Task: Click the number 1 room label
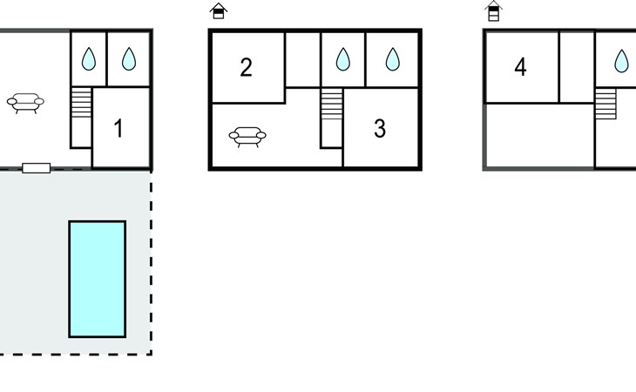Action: click(x=118, y=128)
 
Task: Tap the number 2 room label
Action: click(x=246, y=67)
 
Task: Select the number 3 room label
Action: click(x=380, y=128)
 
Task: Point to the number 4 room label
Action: click(x=520, y=67)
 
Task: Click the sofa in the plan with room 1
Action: click(x=25, y=103)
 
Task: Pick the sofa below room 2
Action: click(x=247, y=137)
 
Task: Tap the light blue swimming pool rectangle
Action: click(x=98, y=279)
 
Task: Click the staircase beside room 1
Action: click(x=82, y=103)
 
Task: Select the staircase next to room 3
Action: click(x=332, y=104)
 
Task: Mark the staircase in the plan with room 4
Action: click(x=606, y=104)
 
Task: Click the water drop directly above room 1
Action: click(x=129, y=58)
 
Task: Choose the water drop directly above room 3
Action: click(x=392, y=59)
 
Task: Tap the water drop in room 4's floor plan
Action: click(x=621, y=61)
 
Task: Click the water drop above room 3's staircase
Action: click(x=343, y=59)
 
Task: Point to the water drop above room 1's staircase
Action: click(x=89, y=58)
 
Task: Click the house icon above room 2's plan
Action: click(x=219, y=10)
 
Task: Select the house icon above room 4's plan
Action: click(x=494, y=11)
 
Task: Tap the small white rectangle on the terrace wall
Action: click(x=37, y=168)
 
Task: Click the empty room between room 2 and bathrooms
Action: click(x=303, y=59)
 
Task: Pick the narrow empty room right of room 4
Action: click(x=577, y=67)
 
